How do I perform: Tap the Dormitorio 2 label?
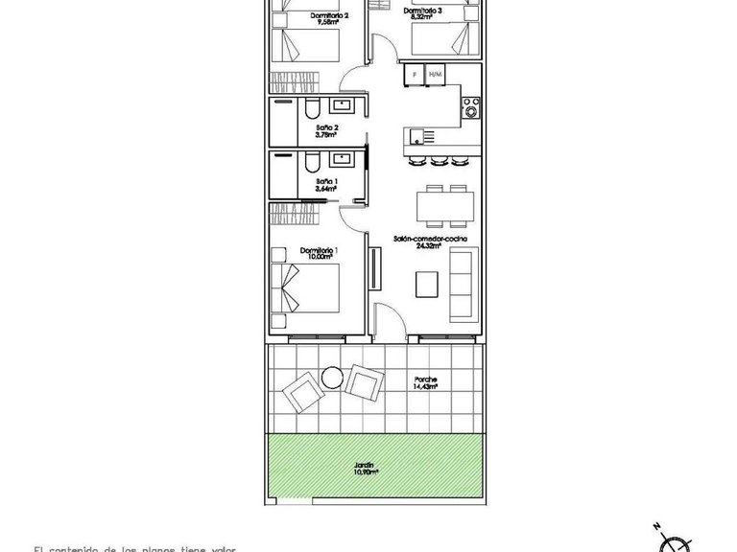(328, 16)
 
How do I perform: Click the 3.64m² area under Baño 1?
(327, 189)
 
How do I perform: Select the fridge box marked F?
(415, 74)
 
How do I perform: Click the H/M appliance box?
(436, 74)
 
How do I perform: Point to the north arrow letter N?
(654, 526)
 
